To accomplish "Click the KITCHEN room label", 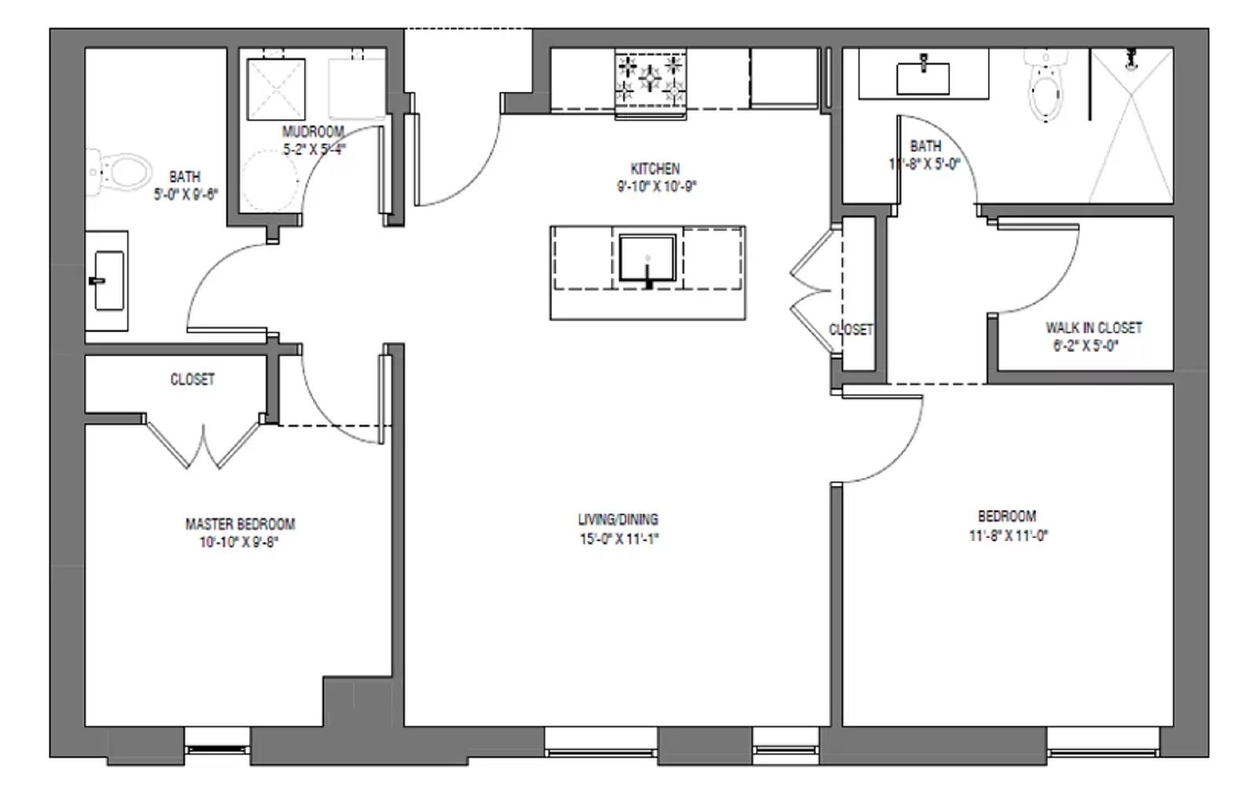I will (654, 168).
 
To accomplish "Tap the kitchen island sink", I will (647, 258).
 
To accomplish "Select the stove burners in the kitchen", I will (650, 79).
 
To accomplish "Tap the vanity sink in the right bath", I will (923, 77).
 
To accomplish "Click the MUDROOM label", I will (313, 131).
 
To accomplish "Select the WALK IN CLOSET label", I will (1093, 327).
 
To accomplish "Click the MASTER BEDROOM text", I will (240, 524).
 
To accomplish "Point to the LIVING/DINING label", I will (618, 519).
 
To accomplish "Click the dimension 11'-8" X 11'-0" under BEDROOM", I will (1008, 536).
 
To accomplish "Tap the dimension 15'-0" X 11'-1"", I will (619, 539).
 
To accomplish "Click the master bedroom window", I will (217, 749).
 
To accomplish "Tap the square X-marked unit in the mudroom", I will (276, 89).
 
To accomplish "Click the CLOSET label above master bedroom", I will (192, 379).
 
